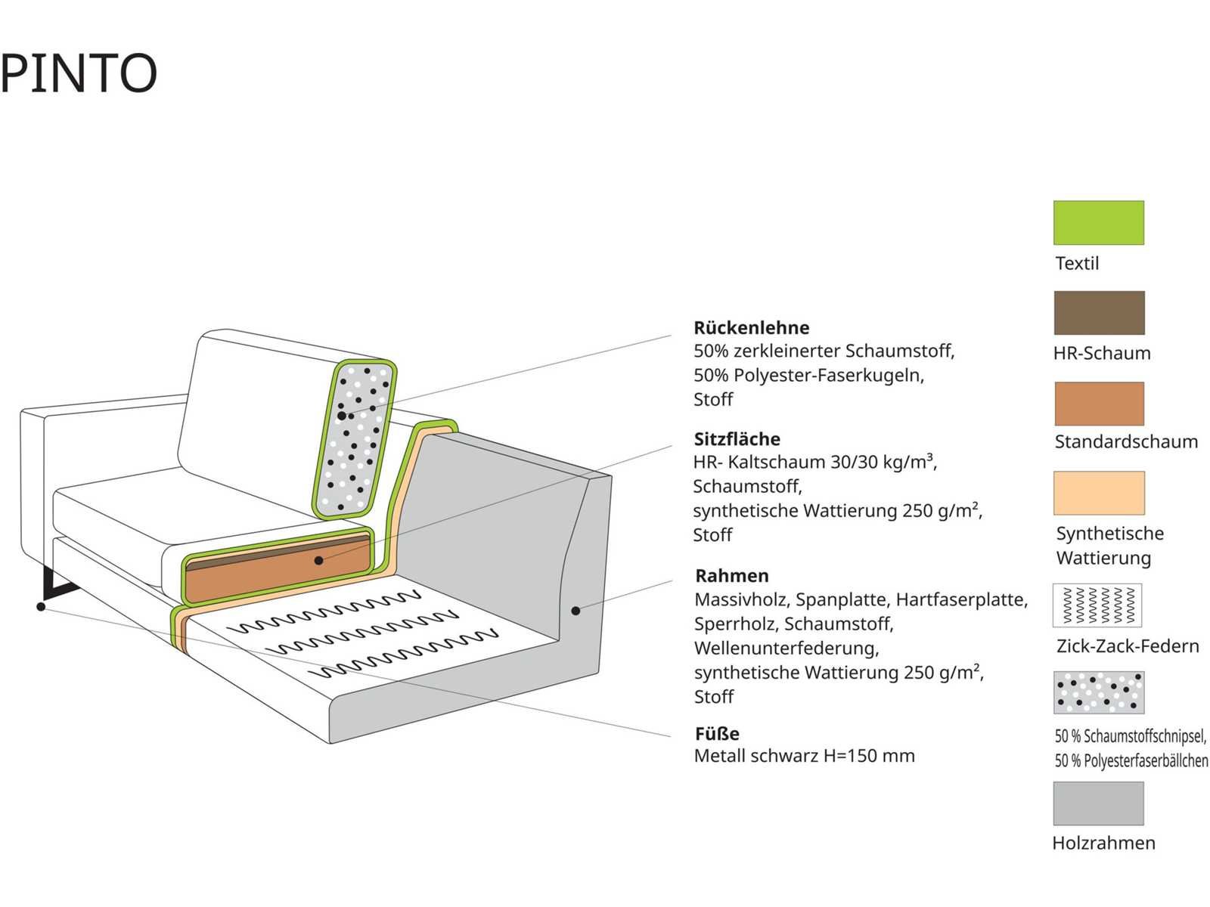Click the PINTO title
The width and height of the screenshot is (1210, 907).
(79, 73)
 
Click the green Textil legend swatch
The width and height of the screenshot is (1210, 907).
(1098, 222)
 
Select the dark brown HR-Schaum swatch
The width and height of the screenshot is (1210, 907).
(1099, 313)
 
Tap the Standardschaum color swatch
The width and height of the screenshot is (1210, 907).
(1099, 404)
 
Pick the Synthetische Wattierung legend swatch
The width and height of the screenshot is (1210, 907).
(1099, 493)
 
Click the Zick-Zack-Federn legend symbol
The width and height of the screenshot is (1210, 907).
(1097, 605)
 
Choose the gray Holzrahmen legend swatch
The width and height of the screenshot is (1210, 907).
(1098, 803)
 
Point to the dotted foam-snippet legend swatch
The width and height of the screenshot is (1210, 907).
(1098, 692)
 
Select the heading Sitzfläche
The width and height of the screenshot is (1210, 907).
(737, 439)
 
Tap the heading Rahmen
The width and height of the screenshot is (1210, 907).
(731, 576)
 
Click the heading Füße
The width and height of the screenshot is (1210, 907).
(717, 733)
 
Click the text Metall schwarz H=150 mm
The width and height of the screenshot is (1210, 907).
(804, 756)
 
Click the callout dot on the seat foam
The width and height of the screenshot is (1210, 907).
(319, 561)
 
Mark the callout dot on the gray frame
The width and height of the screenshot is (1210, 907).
(576, 611)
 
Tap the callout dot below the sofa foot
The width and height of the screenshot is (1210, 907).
(41, 606)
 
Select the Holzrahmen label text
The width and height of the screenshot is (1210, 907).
(1103, 843)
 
